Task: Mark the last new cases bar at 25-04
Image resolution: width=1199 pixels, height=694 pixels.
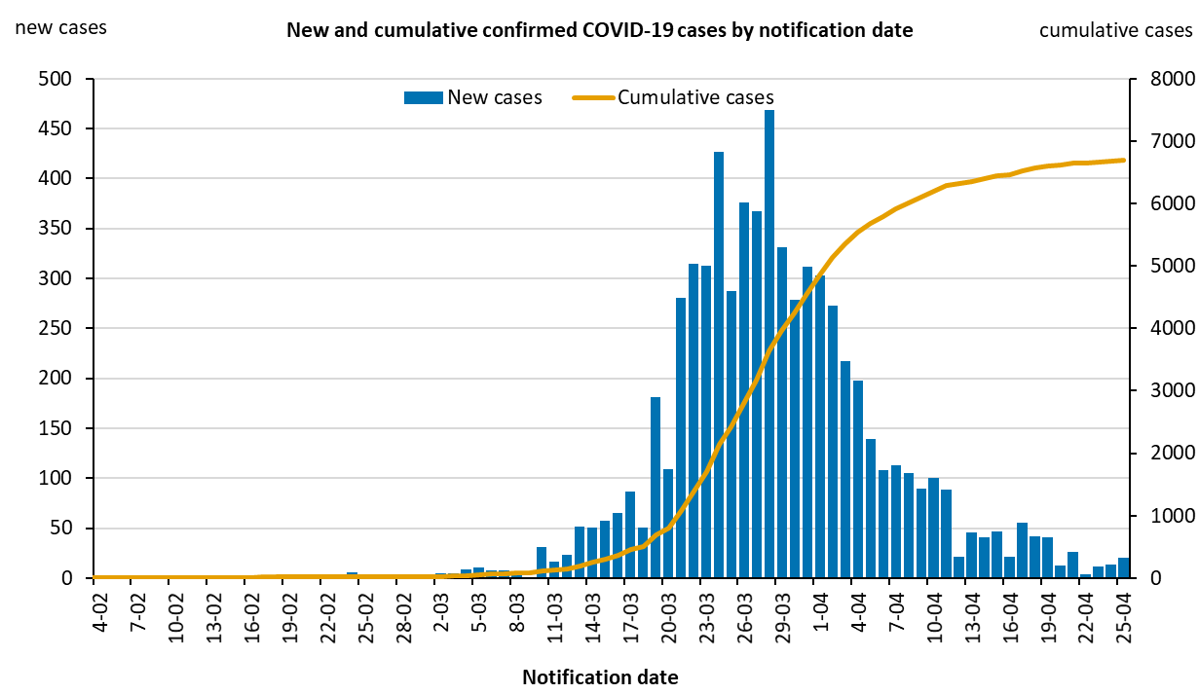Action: coord(1123,568)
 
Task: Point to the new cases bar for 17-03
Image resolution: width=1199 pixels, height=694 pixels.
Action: coord(630,534)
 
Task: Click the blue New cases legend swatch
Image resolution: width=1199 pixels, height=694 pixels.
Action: coord(423,97)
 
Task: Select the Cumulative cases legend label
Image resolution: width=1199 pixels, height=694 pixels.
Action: coord(695,97)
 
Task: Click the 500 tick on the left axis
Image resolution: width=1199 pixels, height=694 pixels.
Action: coord(59,79)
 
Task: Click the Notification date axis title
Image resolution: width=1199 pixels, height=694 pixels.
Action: coord(600,676)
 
